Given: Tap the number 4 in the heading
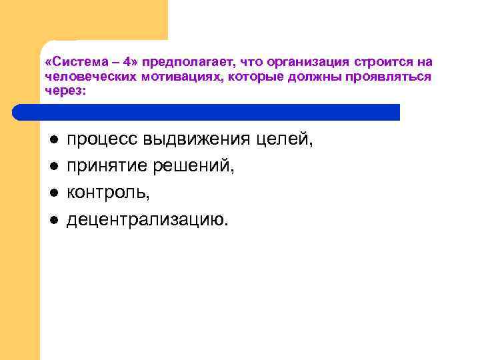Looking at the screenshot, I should pos(127,62).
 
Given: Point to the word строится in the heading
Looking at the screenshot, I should pos(376,62).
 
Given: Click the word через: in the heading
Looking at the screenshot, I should pos(65,90).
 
